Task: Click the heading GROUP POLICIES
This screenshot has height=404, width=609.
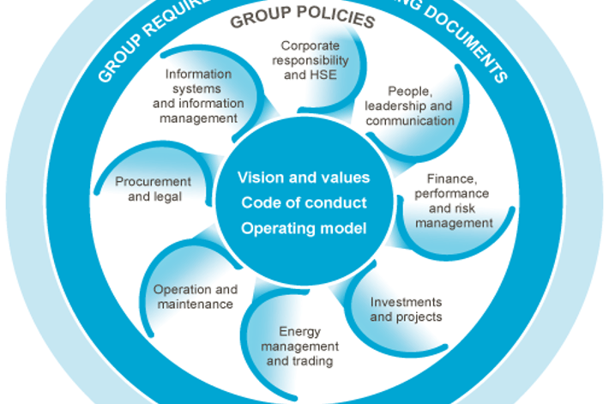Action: point(302,18)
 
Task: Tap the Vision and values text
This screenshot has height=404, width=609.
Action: point(304,178)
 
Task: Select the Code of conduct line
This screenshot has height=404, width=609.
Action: point(304,202)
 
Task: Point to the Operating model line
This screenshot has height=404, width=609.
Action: point(304,228)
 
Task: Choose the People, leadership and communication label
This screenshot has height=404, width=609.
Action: point(410,106)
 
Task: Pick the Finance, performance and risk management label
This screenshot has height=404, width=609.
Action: point(455,202)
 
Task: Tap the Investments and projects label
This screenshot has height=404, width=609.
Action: point(406,309)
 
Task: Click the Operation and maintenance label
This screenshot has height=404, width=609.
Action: point(195,297)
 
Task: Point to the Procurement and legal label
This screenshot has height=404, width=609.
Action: point(154,189)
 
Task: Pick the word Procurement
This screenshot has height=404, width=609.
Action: point(154,182)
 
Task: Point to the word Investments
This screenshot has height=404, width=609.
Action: point(406,302)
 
